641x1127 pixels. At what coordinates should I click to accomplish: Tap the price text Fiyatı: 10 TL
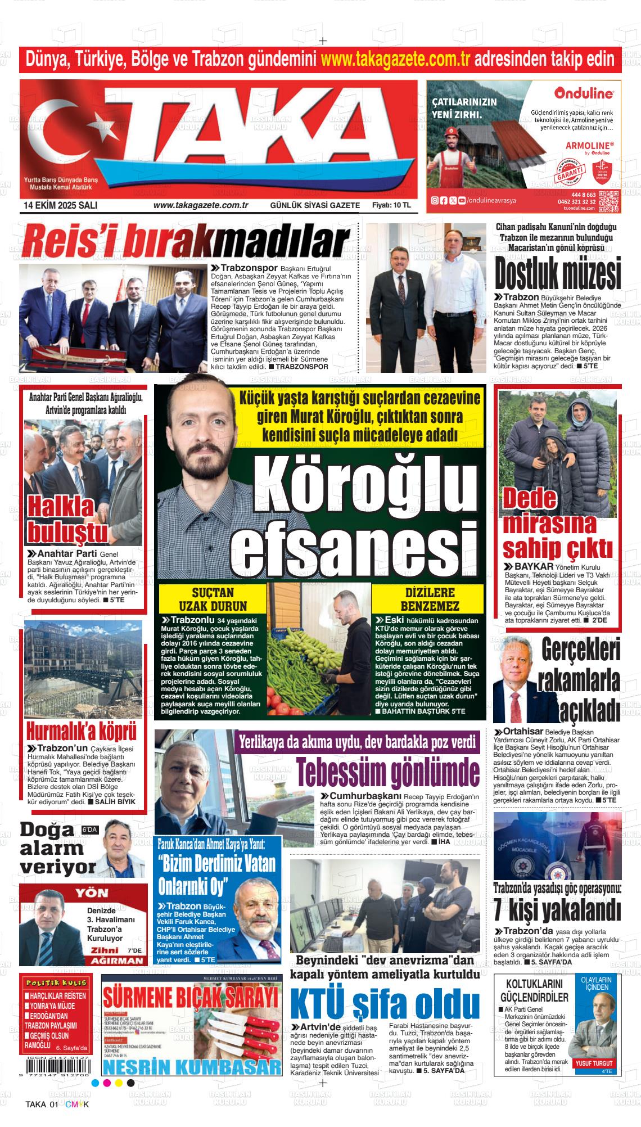[391, 205]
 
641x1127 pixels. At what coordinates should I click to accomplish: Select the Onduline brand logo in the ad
[583, 92]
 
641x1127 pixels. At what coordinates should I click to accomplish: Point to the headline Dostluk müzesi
[557, 274]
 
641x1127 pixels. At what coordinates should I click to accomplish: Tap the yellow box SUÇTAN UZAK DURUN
[212, 599]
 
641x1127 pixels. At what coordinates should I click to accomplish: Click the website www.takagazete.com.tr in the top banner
[396, 58]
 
